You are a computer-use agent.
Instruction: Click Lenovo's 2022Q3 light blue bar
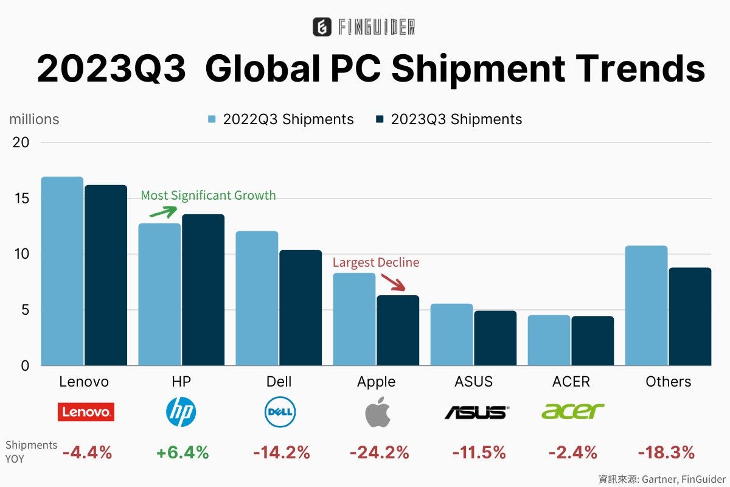(62, 271)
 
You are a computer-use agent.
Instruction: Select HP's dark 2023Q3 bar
(203, 290)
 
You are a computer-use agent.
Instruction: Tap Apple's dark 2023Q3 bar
(397, 331)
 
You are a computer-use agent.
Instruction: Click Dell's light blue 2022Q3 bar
(257, 298)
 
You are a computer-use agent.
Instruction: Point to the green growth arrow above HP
(162, 211)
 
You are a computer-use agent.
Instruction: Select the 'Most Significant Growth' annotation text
(208, 195)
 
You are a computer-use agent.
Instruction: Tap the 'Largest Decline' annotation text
(375, 262)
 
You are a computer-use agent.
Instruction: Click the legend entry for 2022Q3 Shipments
(281, 119)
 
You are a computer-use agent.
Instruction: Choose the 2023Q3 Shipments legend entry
(449, 119)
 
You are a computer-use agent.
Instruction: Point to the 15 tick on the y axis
(21, 198)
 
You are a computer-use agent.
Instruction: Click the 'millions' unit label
(34, 119)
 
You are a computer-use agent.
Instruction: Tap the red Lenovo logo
(86, 412)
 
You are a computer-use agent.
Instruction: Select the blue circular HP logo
(181, 412)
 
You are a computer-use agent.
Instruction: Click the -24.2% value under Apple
(378, 452)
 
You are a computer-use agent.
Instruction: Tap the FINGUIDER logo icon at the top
(322, 27)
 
